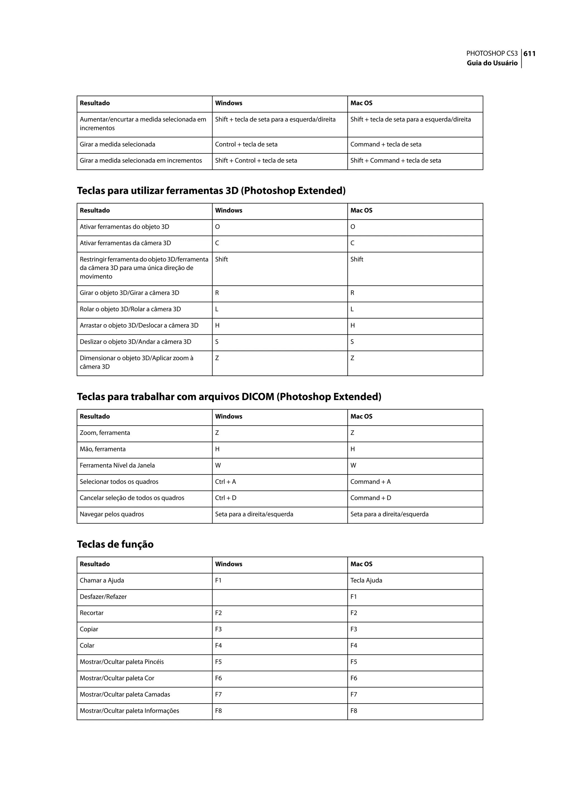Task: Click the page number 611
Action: point(529,54)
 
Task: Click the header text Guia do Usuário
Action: point(492,63)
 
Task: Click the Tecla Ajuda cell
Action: point(366,580)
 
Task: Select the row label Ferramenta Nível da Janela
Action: point(117,465)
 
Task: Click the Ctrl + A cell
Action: point(225,481)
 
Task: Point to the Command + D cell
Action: point(371,498)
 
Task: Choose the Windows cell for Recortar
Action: point(218,613)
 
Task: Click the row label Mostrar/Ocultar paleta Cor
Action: point(117,678)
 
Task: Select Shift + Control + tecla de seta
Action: point(256,160)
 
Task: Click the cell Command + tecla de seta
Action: point(386,144)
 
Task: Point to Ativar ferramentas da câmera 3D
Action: point(125,243)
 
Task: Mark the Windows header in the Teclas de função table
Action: point(229,564)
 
